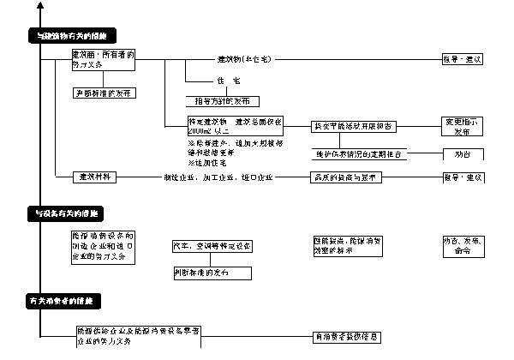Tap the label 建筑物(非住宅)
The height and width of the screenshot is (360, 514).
pyautogui.click(x=244, y=58)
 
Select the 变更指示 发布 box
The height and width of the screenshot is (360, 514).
pyautogui.click(x=463, y=126)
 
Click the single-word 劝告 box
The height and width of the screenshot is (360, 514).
pyautogui.click(x=463, y=154)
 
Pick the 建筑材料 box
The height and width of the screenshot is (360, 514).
pyautogui.click(x=95, y=177)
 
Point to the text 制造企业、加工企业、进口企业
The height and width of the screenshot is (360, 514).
pyautogui.click(x=218, y=177)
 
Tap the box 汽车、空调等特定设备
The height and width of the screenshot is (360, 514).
pyautogui.click(x=212, y=246)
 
